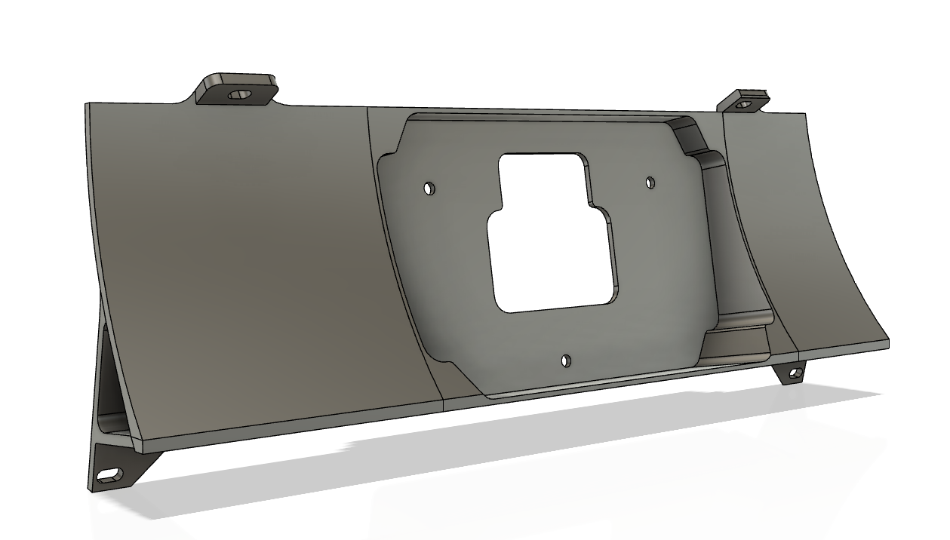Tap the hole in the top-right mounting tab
click(x=743, y=105)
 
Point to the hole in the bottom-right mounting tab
click(x=795, y=373)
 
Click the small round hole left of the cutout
click(x=429, y=187)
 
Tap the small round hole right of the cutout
click(x=650, y=182)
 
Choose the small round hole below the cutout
click(x=567, y=361)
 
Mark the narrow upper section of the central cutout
click(x=542, y=181)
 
